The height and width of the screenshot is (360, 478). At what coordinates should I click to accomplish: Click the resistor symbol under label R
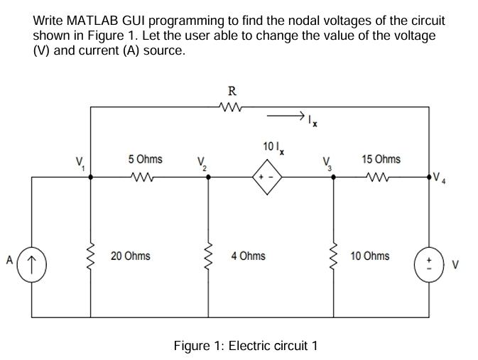point(232,109)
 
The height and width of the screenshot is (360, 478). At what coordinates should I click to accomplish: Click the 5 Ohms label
point(145,159)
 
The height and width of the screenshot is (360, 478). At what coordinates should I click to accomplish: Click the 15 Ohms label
point(380,159)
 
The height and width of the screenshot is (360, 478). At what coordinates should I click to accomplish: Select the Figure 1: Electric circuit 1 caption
point(246,346)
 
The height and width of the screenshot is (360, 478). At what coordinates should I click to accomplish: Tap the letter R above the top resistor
point(232,90)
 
